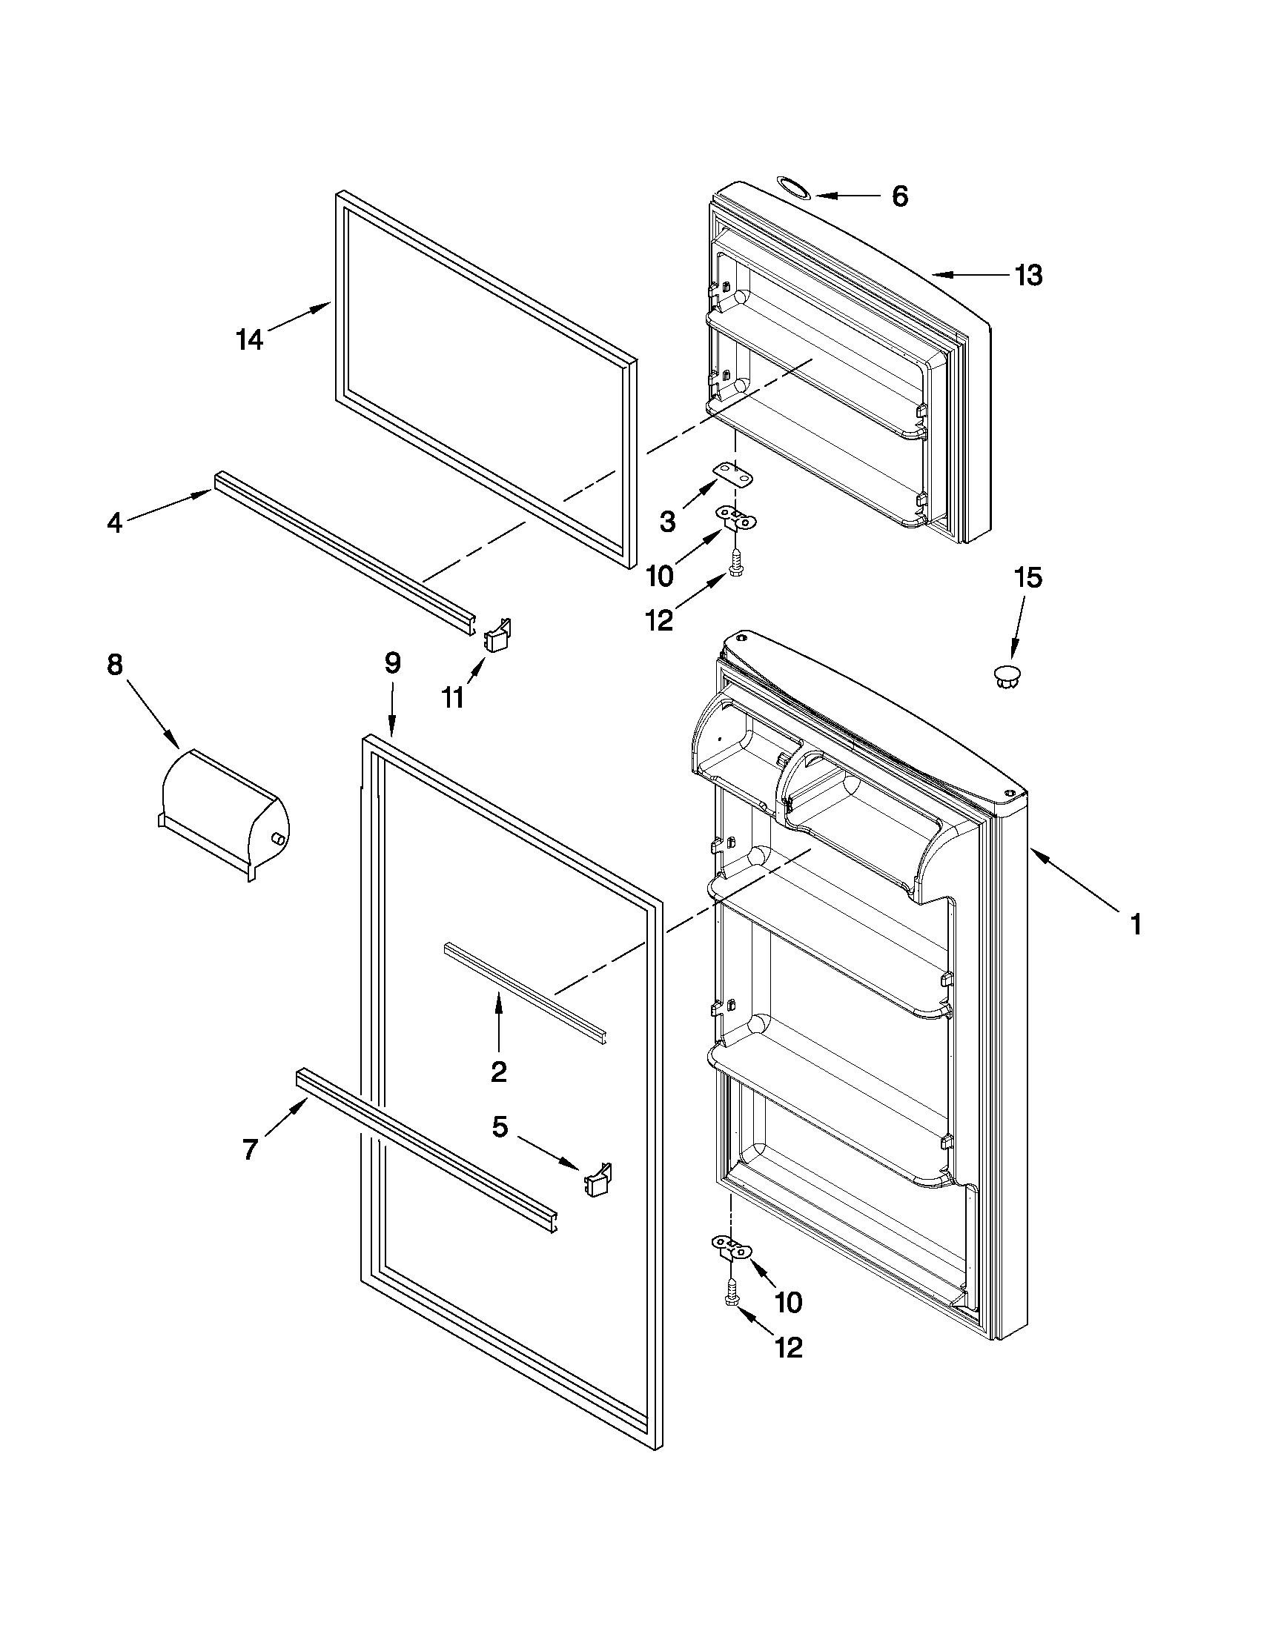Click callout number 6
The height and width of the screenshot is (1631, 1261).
pos(900,196)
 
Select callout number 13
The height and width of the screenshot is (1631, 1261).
pos(1028,276)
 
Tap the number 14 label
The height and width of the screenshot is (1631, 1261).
pos(250,341)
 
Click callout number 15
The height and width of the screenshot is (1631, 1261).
pos(1027,577)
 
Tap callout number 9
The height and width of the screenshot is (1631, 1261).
pos(392,663)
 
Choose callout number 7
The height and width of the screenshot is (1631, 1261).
pos(251,1149)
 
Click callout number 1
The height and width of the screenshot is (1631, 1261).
pos(1135,926)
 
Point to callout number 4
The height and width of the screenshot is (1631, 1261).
pos(114,522)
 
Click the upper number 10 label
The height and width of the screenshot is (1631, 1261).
pos(659,576)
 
